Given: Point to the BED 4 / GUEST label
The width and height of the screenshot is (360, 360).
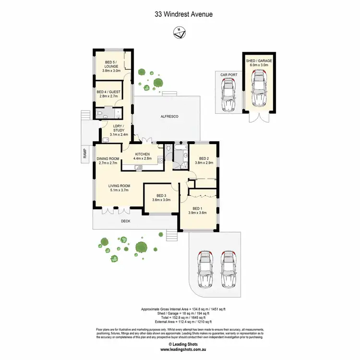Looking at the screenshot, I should coord(108,92).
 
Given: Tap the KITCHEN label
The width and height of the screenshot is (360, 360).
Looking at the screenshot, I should coord(143,154).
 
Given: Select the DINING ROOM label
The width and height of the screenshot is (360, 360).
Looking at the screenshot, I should coord(108,159).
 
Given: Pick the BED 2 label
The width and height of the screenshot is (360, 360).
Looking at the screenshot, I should coord(204,159).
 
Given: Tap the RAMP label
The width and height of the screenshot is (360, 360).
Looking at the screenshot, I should coord(84,154).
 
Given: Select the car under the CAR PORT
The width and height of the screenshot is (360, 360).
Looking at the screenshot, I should coord(228,95).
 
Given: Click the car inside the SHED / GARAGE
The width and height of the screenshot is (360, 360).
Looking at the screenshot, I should coord(260,88).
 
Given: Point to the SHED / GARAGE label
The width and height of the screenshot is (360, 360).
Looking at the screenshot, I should coord(260,61).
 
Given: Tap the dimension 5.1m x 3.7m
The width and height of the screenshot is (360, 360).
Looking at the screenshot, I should coord(119,190).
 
